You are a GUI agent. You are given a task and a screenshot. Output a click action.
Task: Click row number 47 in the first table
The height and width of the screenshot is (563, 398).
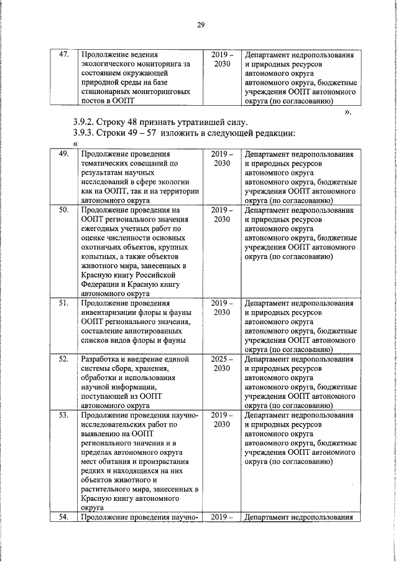pyautogui.click(x=62, y=54)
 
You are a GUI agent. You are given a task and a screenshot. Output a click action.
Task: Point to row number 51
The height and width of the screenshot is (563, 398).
pyautogui.click(x=62, y=303)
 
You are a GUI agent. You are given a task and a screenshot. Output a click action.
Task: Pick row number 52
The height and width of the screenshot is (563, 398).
pyautogui.click(x=62, y=360)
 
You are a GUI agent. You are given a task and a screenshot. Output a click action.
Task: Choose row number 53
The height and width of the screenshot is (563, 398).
pyautogui.click(x=62, y=415)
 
